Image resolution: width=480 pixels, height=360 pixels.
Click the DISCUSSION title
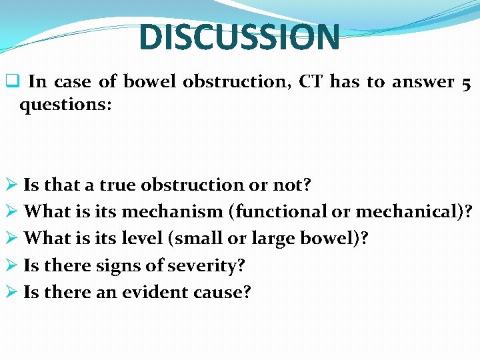(239, 37)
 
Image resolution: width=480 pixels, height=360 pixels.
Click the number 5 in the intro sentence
(466, 83)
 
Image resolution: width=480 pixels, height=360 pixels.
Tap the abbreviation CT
(310, 82)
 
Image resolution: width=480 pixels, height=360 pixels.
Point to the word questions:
(65, 105)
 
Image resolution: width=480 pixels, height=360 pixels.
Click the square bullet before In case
(11, 82)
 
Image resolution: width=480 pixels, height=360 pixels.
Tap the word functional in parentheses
(279, 211)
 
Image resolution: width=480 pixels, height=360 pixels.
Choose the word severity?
(209, 265)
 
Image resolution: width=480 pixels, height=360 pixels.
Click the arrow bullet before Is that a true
(11, 185)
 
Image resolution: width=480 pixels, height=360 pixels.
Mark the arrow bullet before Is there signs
(11, 265)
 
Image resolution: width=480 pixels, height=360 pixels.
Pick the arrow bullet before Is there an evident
(11, 292)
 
